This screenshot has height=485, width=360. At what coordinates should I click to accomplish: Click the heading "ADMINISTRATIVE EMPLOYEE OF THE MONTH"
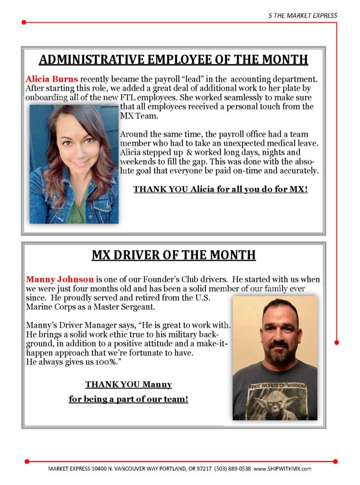(173, 60)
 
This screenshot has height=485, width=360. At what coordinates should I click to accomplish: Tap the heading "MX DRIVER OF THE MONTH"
(173, 255)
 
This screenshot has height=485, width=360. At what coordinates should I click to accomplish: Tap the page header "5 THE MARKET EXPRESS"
(302, 15)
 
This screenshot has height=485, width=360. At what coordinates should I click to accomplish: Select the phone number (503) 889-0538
(233, 468)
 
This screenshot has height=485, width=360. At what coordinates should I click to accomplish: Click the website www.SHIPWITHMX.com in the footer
(282, 468)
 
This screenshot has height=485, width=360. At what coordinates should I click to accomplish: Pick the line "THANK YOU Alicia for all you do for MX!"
(220, 189)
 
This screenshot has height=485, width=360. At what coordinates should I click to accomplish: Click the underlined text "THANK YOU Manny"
(128, 385)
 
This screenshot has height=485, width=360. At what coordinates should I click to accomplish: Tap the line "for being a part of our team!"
(128, 399)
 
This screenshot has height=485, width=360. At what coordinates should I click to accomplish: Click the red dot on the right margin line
(337, 342)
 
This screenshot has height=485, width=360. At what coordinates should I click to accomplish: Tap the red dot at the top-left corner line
(24, 22)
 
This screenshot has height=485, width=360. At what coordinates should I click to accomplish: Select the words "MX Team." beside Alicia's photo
(136, 116)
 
